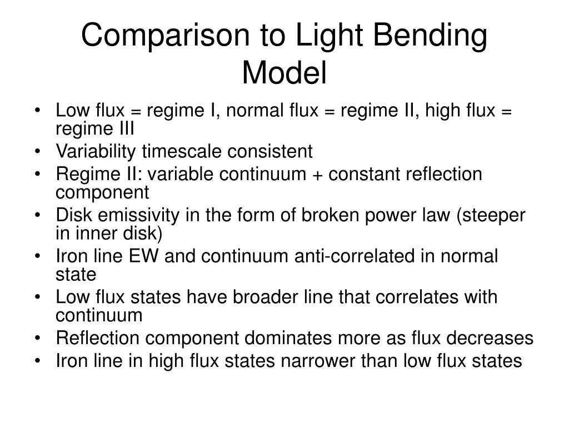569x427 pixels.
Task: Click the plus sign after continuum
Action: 320,175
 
